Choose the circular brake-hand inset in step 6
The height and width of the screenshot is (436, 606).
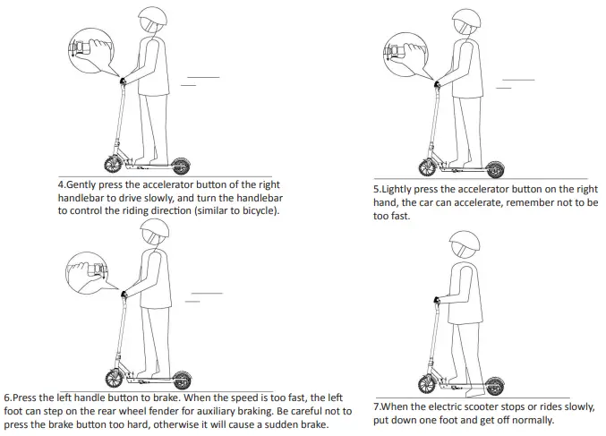[x=88, y=268]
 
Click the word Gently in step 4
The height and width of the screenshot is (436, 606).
[x=85, y=184]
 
